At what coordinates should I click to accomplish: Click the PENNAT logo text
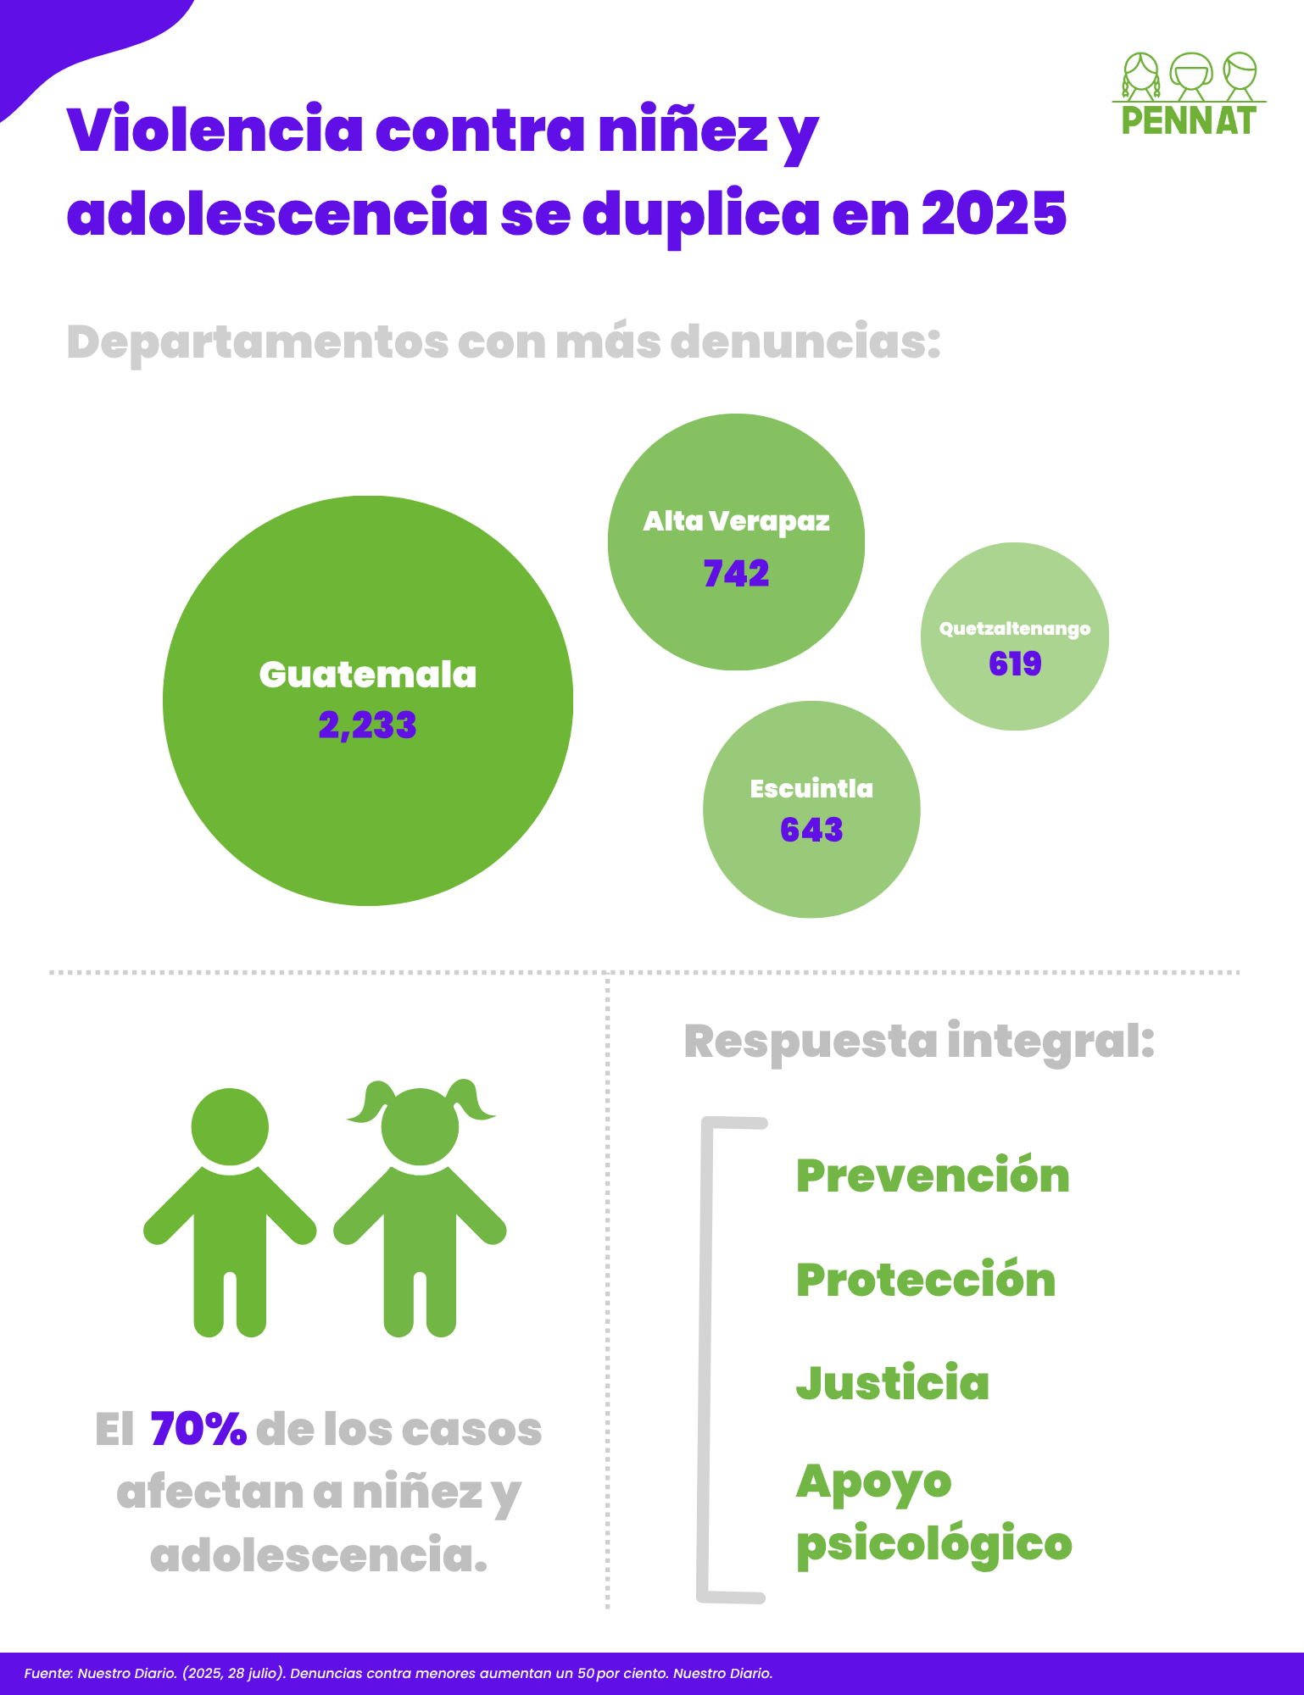coord(1188,120)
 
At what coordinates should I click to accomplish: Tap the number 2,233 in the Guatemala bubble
coord(367,725)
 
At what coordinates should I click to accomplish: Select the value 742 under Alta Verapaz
coord(736,574)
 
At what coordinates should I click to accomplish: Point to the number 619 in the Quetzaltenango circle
coord(1014,664)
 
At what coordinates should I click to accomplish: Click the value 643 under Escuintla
coord(811,830)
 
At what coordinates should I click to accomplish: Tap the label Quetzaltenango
coord(1014,629)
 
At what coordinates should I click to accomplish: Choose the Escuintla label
coord(811,789)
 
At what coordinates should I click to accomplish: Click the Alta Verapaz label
coord(736,521)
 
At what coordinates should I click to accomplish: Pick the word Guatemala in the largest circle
coord(367,675)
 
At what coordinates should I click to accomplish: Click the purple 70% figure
coord(198,1430)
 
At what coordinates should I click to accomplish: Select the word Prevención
coord(933,1176)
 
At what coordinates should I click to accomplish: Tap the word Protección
coord(926,1280)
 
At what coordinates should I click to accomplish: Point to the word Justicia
coord(893,1383)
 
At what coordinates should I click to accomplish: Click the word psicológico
coord(933,1544)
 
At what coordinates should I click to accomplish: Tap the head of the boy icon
coord(230,1127)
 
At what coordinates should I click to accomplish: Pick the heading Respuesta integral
coord(919,1042)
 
